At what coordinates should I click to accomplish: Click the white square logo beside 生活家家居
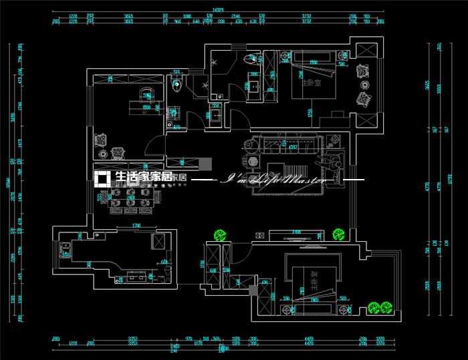[103, 179]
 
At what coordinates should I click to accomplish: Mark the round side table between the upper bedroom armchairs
[365, 85]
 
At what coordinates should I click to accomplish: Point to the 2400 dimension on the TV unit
[297, 231]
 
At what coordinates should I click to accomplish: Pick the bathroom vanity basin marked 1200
[253, 85]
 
